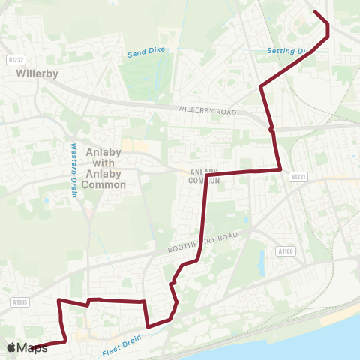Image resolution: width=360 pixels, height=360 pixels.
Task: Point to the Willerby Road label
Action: pyautogui.click(x=206, y=110)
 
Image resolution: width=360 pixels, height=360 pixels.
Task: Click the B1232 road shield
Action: pyautogui.click(x=16, y=59)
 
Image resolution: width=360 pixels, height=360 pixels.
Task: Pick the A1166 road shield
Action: pyautogui.click(x=285, y=251)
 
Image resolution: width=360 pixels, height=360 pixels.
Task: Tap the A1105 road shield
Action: pyautogui.click(x=19, y=301)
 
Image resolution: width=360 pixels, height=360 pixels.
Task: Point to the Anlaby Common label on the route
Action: pyautogui.click(x=204, y=175)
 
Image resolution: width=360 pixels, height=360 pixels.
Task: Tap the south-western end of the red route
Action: pyautogui.click(x=33, y=348)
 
